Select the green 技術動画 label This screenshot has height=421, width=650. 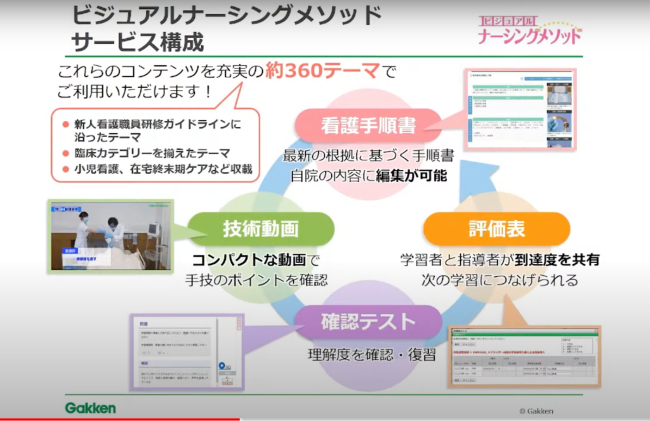pos(261,229)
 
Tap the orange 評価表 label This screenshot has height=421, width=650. pos(496,229)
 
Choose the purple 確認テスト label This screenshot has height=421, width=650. pos(368,322)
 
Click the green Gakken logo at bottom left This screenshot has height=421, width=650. pos(90,408)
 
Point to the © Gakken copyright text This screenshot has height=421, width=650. pos(536,411)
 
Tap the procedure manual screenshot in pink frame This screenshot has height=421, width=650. pos(519,109)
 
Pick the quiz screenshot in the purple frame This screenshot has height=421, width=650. pos(187,351)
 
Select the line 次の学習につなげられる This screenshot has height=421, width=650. pos(500,280)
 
